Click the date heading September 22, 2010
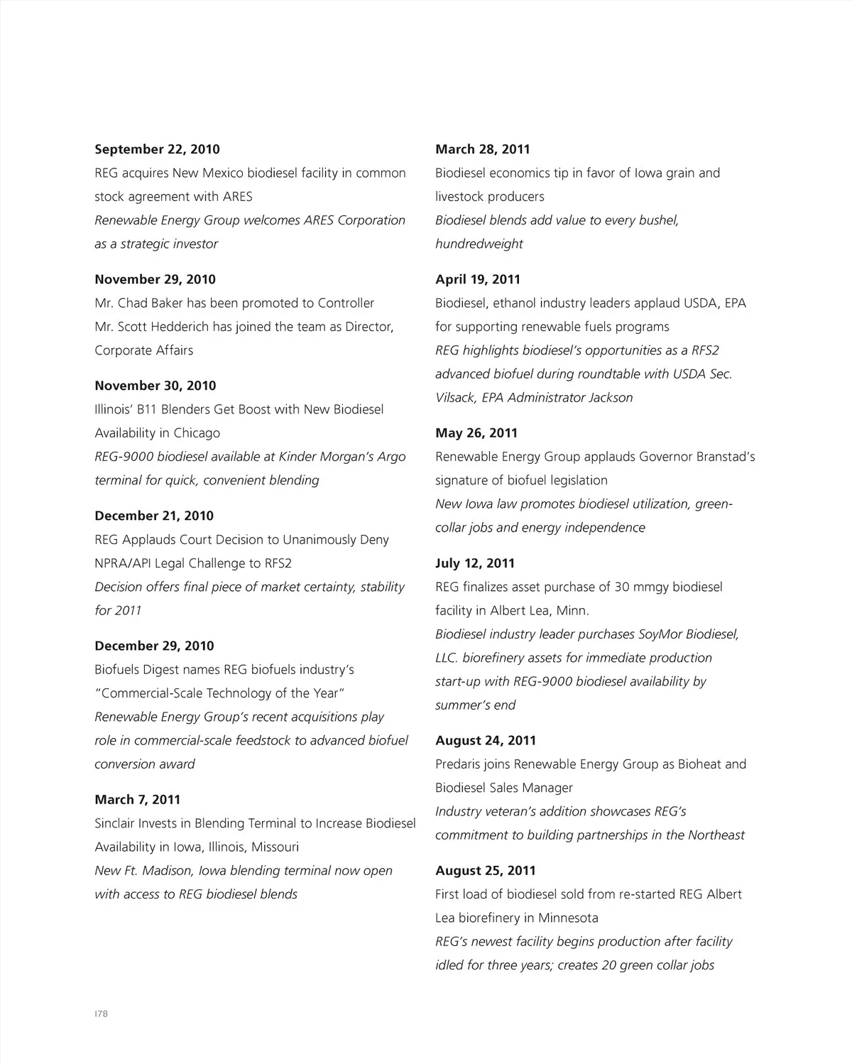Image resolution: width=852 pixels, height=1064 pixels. pyautogui.click(x=157, y=149)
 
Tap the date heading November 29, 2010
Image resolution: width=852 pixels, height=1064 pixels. pyautogui.click(x=155, y=279)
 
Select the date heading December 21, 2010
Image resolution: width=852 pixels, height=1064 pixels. pyautogui.click(x=154, y=516)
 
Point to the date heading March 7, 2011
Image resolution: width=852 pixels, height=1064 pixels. pyautogui.click(x=138, y=800)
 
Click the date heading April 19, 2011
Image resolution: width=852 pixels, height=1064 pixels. pyautogui.click(x=478, y=279)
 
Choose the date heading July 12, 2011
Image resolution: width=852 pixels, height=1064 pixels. pyautogui.click(x=475, y=563)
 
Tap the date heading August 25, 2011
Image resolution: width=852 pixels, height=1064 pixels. pyautogui.click(x=486, y=871)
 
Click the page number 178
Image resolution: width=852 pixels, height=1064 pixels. pyautogui.click(x=101, y=1014)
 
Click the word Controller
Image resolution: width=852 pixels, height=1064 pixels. pyautogui.click(x=346, y=303)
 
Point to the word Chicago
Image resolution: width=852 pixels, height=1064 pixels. pyautogui.click(x=197, y=433)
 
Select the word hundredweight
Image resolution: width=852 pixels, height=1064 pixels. pyautogui.click(x=479, y=244)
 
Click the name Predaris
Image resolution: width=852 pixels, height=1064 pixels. pyautogui.click(x=462, y=764)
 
